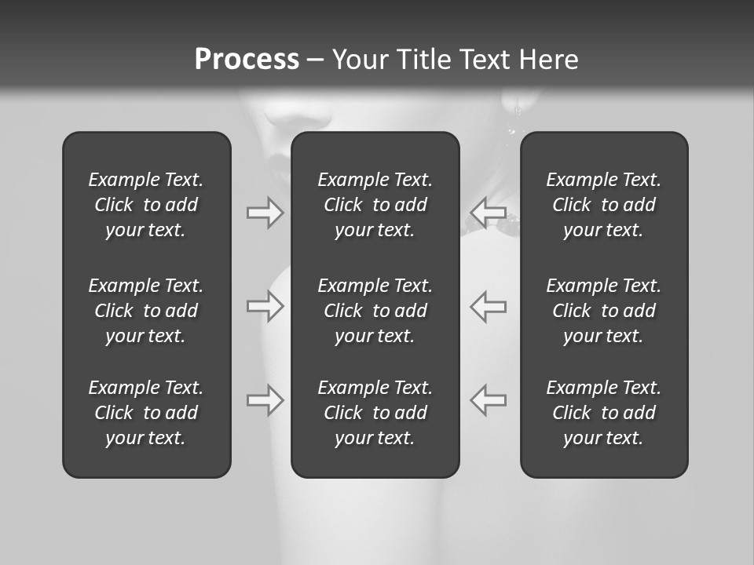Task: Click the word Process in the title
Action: pyautogui.click(x=247, y=60)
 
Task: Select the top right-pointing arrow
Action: pyautogui.click(x=265, y=213)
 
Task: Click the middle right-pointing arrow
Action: pyautogui.click(x=265, y=306)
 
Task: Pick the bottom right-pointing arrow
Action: pyautogui.click(x=265, y=400)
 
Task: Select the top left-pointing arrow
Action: pyautogui.click(x=488, y=212)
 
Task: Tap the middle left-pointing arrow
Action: pyautogui.click(x=488, y=306)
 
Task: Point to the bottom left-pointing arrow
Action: pyautogui.click(x=488, y=399)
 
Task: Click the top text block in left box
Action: pyautogui.click(x=146, y=205)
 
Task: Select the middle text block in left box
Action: pyautogui.click(x=146, y=311)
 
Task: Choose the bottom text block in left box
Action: pyautogui.click(x=146, y=413)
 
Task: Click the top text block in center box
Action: pyautogui.click(x=375, y=205)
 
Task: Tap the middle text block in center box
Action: pyautogui.click(x=375, y=311)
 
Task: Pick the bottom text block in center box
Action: pyautogui.click(x=375, y=413)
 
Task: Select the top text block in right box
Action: pyautogui.click(x=604, y=205)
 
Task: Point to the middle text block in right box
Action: pyautogui.click(x=604, y=311)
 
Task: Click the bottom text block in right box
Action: pyautogui.click(x=604, y=413)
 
